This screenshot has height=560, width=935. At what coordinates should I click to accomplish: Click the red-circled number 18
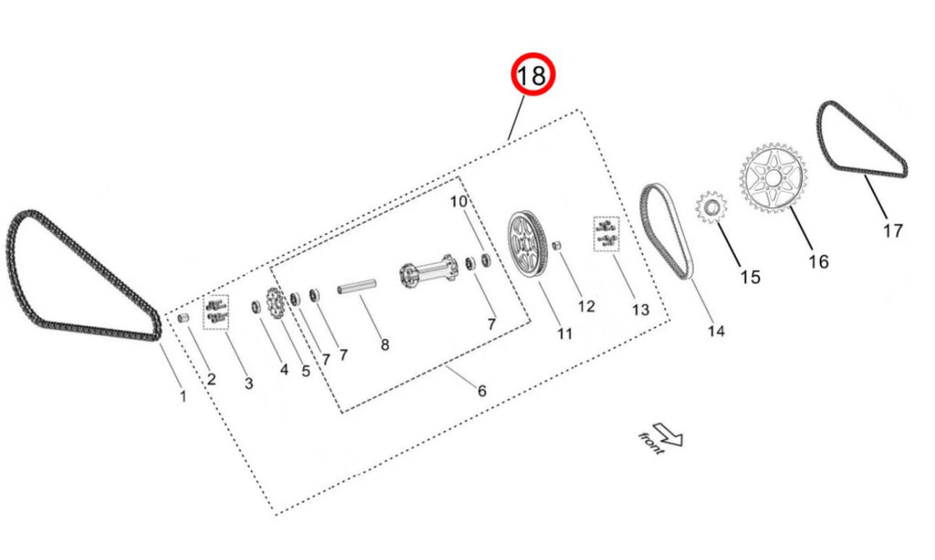pyautogui.click(x=532, y=76)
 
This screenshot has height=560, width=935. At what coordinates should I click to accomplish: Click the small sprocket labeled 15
pyautogui.click(x=710, y=207)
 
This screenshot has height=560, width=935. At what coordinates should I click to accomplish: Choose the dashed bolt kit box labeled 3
pyautogui.click(x=215, y=312)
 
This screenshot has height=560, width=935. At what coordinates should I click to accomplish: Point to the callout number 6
pyautogui.click(x=481, y=391)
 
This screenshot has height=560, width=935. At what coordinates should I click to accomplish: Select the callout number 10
pyautogui.click(x=458, y=201)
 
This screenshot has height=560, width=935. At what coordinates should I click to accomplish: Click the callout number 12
pyautogui.click(x=585, y=306)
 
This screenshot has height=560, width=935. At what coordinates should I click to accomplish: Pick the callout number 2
pyautogui.click(x=211, y=378)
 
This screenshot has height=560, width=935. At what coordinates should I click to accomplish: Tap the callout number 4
pyautogui.click(x=283, y=370)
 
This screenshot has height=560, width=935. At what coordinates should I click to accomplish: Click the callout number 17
pyautogui.click(x=892, y=230)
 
